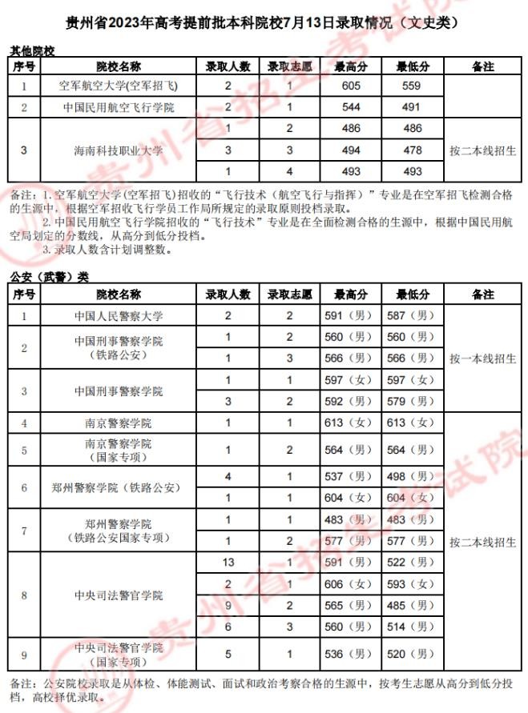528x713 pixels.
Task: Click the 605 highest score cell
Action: click(351, 86)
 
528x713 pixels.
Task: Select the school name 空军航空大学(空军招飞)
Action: click(119, 86)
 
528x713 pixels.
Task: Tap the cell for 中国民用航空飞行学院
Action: click(119, 107)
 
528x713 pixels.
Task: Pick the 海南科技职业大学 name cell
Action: click(119, 150)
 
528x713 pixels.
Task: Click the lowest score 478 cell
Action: click(413, 150)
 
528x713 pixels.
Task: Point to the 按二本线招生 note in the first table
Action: click(482, 150)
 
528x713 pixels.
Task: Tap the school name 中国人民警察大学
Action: click(119, 315)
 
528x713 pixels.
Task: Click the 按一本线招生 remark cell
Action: click(482, 358)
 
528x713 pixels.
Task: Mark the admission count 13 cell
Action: click(228, 563)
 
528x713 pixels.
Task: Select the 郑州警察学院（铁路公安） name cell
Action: click(119, 487)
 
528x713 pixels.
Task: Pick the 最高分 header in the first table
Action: click(351, 66)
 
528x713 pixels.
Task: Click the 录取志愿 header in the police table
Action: click(290, 294)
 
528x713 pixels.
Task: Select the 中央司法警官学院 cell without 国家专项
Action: click(119, 595)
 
